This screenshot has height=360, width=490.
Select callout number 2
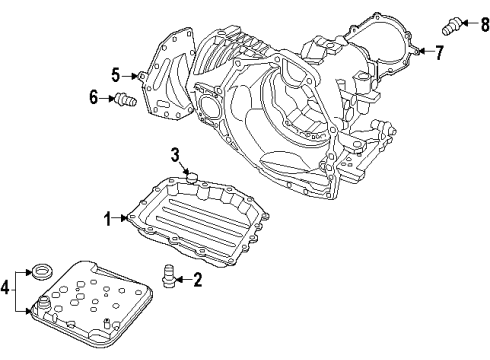click(198, 281)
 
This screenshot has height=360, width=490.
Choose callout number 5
click(115, 74)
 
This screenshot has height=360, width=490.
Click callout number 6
click(94, 98)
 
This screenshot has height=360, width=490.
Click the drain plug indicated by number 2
click(170, 274)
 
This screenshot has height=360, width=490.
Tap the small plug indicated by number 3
click(194, 179)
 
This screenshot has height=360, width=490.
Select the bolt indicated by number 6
click(125, 99)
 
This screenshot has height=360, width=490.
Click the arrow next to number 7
click(425, 50)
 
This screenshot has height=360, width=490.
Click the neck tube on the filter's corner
click(45, 306)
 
